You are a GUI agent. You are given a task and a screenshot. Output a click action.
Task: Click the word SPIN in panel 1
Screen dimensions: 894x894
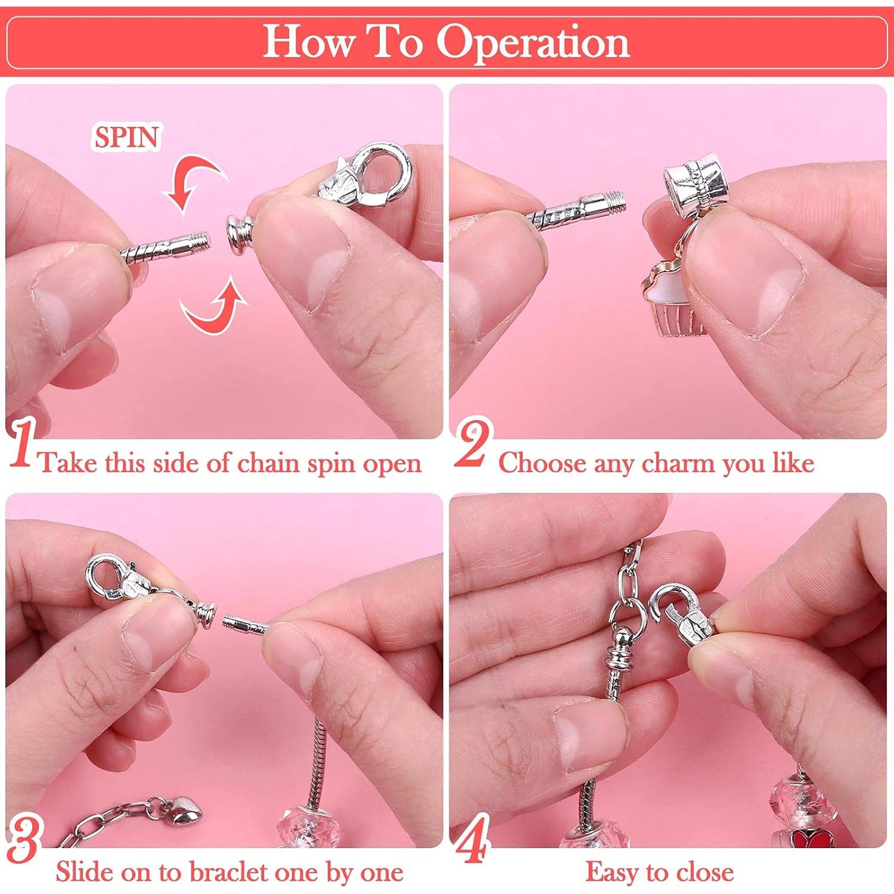pyautogui.click(x=126, y=137)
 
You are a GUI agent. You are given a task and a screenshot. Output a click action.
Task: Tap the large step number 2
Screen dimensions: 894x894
pyautogui.click(x=474, y=444)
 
